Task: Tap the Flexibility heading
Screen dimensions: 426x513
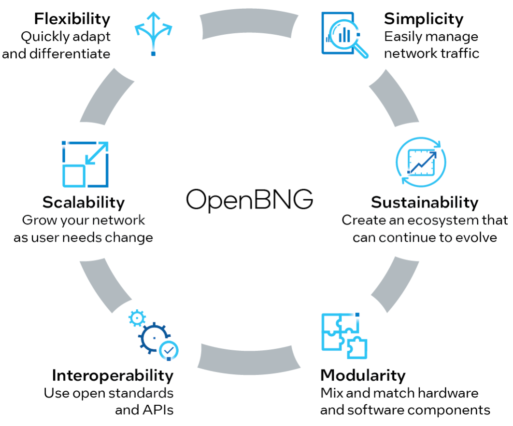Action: point(72,19)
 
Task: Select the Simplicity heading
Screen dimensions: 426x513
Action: point(424,19)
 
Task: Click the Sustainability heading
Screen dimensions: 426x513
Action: point(425,202)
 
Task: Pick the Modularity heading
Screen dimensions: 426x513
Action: point(363,375)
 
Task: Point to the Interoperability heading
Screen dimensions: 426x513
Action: point(113,375)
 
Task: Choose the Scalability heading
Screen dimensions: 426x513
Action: point(84,202)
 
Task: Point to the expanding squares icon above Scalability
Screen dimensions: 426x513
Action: point(85,164)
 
